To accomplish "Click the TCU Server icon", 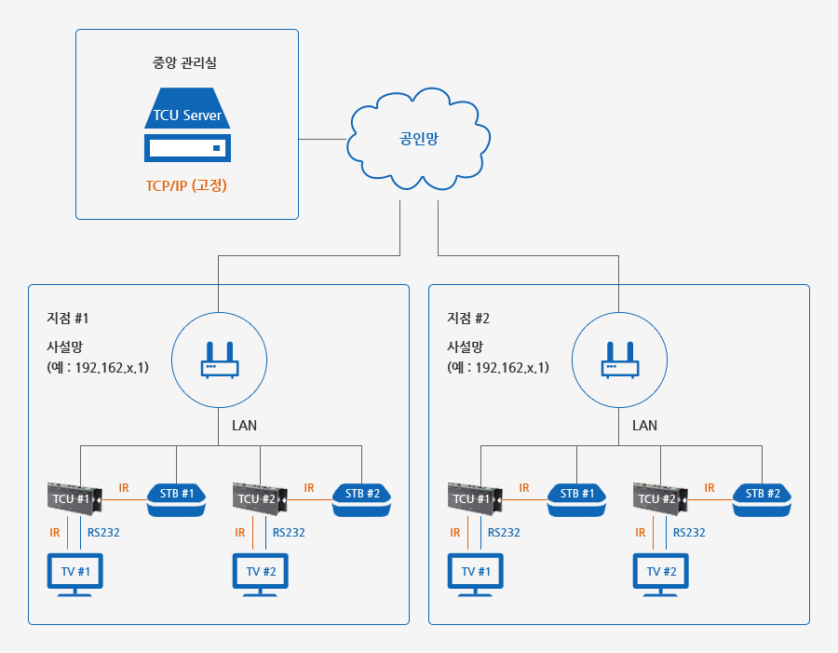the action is (187, 125).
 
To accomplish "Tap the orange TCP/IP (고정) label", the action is (186, 185).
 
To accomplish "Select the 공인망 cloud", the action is (418, 139).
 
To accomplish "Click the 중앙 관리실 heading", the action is (184, 62).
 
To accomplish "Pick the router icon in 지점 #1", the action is (219, 360).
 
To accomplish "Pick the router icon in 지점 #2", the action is (620, 360).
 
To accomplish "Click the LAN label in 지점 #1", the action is (244, 426).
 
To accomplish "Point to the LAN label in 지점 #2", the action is (644, 426).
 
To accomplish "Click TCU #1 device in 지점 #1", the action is (74, 499).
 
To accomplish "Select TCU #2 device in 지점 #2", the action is (660, 499).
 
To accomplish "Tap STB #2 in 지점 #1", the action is (362, 500).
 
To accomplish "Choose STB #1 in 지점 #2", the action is (576, 500).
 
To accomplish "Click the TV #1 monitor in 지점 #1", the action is (74, 575).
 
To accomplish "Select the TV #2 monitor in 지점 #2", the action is (660, 575).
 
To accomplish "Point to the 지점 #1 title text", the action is (68, 319).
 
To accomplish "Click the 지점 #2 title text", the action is (468, 319).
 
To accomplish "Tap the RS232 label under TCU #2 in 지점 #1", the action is (289, 533).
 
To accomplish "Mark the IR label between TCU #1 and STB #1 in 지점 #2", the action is (523, 488).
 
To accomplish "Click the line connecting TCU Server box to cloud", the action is (322, 140).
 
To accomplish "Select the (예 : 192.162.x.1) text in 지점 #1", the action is (98, 367).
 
